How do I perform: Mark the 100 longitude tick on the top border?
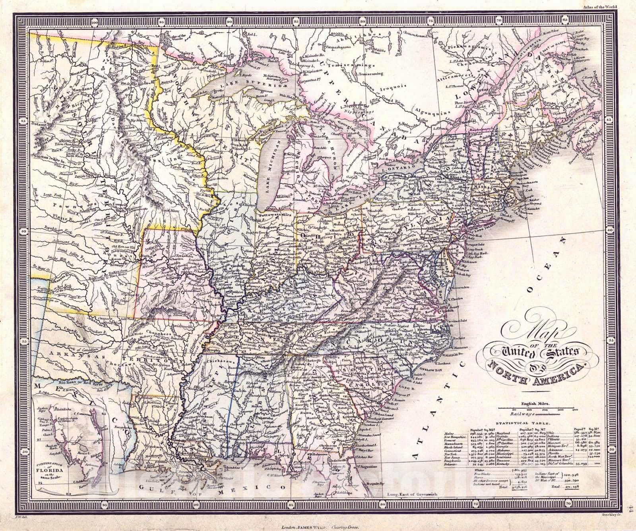pyautogui.click(x=94, y=23)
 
